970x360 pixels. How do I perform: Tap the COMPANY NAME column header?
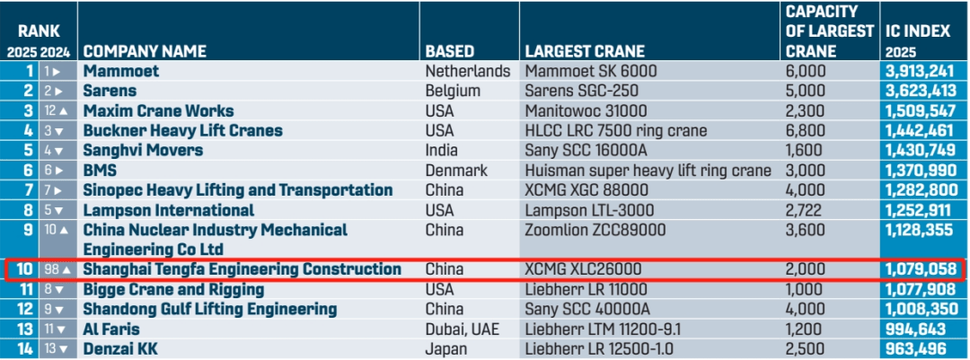coord(144,51)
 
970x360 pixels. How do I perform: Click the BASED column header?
coord(449,51)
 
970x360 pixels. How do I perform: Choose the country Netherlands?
coord(467,71)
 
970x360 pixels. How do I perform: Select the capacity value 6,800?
coord(806,131)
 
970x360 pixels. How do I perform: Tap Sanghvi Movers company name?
coord(143,150)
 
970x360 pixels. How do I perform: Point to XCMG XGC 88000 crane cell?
coord(592,190)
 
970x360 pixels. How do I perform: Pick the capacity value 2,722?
coord(805,210)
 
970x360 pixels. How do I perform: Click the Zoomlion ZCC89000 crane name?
coord(595,230)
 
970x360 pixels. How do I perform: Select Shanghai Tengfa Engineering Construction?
coord(242,269)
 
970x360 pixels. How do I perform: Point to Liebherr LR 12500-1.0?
coord(599,348)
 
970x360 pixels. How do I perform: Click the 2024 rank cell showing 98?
coord(56,269)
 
